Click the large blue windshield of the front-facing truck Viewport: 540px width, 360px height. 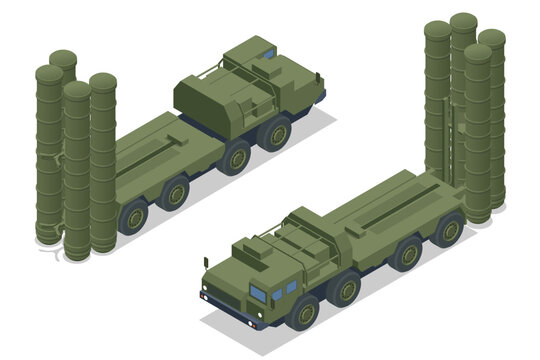258,293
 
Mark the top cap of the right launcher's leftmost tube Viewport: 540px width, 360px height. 437,29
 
